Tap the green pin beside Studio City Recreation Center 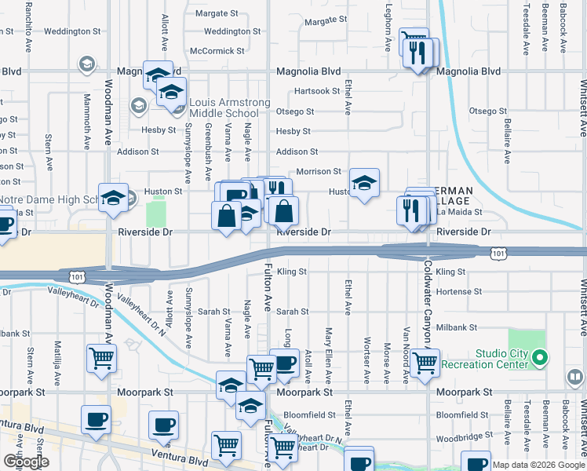click(538, 360)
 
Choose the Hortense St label click(458, 291)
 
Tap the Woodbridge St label click(458, 435)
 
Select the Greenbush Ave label click(209, 142)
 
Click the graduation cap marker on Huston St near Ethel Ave click(364, 184)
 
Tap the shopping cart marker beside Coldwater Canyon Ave click(425, 363)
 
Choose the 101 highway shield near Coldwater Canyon click(498, 253)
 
